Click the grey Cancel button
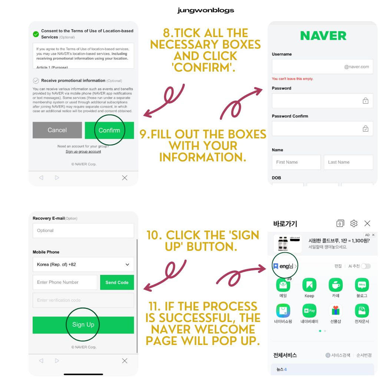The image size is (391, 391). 57,130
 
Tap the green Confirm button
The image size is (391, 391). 109,130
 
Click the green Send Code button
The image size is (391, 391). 117,282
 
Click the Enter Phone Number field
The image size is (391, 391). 65,282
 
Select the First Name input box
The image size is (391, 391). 296,162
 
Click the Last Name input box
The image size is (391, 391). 348,162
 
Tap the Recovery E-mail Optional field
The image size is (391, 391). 83,230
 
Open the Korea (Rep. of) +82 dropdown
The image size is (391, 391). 83,264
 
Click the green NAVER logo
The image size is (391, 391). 323,36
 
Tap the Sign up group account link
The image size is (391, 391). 83,152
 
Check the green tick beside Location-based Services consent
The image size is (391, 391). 36,34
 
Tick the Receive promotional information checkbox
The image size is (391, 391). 36,80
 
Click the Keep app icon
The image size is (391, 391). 309,285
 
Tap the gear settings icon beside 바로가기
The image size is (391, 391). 354,223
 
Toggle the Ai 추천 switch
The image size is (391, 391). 366,266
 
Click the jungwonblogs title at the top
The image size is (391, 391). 206,10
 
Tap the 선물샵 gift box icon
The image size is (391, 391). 336,310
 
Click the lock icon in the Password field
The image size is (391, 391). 365,101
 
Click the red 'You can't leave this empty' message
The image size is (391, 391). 292,79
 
